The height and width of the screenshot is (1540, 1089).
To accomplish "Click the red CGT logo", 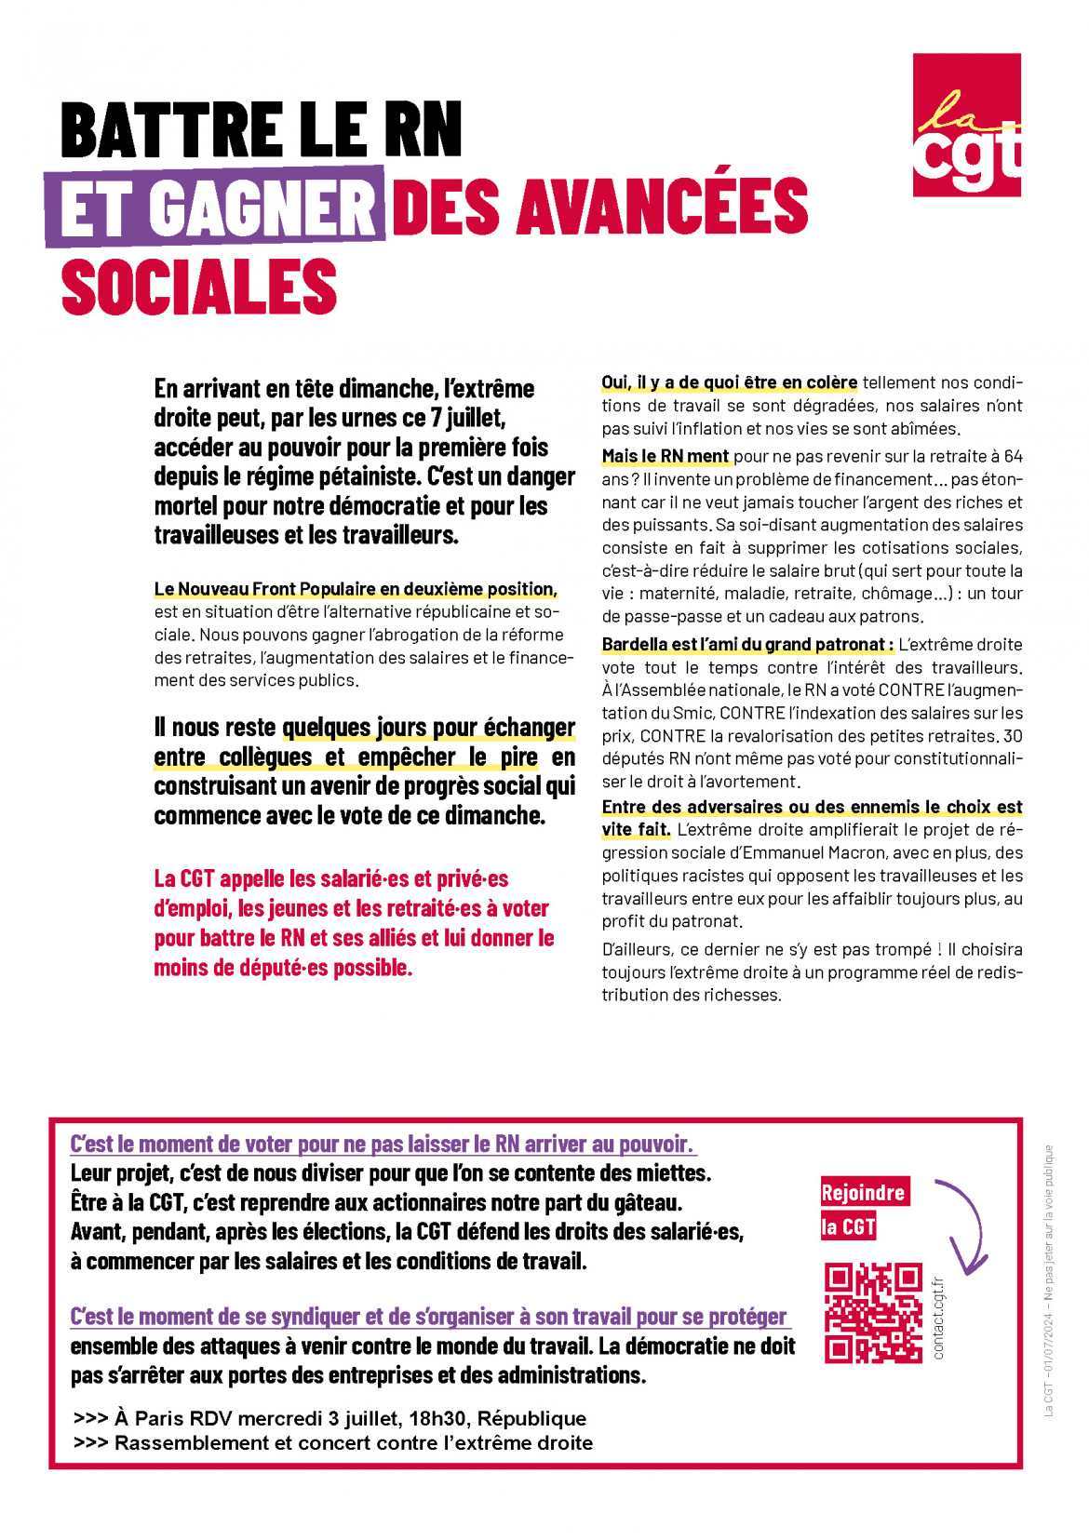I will pyautogui.click(x=966, y=125).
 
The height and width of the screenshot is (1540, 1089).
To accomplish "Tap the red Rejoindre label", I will pyautogui.click(x=863, y=1193).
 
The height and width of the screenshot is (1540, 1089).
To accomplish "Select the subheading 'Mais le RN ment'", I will pyautogui.click(x=665, y=456).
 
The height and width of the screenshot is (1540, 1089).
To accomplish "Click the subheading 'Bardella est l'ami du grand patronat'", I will pyautogui.click(x=747, y=644).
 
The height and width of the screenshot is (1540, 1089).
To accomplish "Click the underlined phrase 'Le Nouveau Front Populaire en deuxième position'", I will pyautogui.click(x=356, y=589).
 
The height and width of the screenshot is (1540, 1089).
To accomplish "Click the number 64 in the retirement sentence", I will pyautogui.click(x=1013, y=456).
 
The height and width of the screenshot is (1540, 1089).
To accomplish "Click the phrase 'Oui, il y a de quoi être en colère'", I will pyautogui.click(x=729, y=382).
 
